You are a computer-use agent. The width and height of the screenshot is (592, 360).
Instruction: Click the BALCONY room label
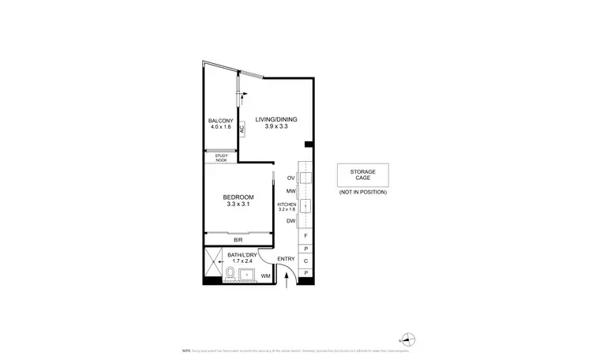point(220,120)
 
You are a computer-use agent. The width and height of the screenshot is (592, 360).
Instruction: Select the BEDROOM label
point(238,197)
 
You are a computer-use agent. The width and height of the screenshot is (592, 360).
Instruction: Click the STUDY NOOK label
point(221,157)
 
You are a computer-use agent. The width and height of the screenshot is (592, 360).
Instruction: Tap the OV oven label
point(290,178)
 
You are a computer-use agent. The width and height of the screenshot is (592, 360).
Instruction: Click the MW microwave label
point(290,192)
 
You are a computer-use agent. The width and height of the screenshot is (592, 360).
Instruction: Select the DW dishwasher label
point(290,221)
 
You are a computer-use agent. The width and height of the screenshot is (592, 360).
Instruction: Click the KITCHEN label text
point(287,204)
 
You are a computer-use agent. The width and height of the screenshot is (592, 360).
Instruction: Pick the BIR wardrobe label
point(237,238)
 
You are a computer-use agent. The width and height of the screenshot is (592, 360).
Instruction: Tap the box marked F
point(306,236)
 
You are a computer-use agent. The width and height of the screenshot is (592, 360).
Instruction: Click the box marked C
point(306,260)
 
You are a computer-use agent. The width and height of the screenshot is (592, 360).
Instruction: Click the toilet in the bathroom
point(230,274)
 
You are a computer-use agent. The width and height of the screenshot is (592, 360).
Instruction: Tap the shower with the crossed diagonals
point(213,263)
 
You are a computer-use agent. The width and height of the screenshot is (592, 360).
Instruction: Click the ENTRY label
point(285,259)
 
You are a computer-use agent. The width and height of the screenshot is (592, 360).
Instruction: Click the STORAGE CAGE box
point(363,174)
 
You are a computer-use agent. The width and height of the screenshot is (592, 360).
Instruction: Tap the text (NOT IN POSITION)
point(363,193)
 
